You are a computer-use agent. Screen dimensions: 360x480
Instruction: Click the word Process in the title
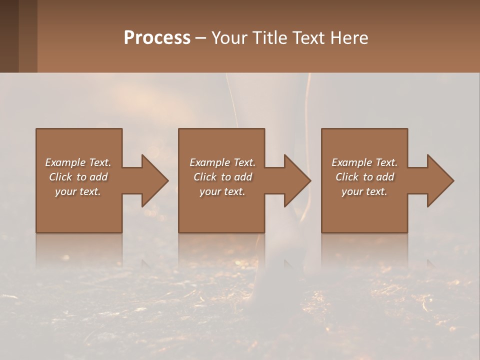pos(157,38)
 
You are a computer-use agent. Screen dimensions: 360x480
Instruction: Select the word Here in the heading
pos(349,38)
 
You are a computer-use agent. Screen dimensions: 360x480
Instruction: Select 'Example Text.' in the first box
pos(78,162)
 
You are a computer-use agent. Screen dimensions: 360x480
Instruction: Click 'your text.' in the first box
pos(78,191)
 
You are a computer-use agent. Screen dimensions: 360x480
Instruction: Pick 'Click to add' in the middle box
pos(222,177)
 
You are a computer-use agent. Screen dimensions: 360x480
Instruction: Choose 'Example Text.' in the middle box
pos(222,162)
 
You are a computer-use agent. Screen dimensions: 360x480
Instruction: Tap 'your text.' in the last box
pos(364,191)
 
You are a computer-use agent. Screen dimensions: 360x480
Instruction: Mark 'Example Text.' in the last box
pos(364,162)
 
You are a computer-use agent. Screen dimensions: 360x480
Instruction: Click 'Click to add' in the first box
pos(78,177)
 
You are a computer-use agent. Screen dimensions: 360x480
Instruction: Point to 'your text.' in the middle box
pos(222,191)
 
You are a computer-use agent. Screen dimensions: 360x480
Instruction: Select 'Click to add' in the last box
pos(364,177)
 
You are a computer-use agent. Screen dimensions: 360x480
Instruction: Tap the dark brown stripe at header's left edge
pos(9,36)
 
